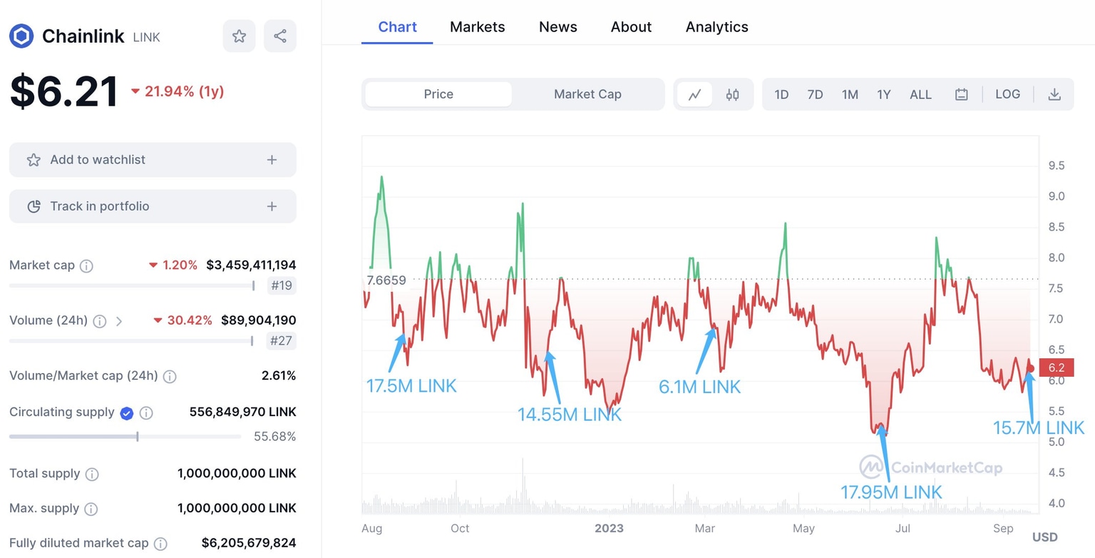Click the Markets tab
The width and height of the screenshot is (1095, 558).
(477, 27)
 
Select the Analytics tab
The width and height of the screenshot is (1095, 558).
(716, 27)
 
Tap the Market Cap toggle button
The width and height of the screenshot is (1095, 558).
(587, 94)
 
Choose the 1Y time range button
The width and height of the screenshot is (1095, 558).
(883, 94)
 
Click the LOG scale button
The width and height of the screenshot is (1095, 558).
(1007, 94)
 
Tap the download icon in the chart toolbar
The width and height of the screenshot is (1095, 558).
(1054, 94)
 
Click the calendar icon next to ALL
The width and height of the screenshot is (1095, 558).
(961, 94)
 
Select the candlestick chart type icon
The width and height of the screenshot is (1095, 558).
(732, 94)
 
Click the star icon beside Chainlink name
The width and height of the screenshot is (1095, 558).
(239, 36)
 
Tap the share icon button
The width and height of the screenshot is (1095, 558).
(280, 36)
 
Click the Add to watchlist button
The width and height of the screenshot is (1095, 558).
(153, 160)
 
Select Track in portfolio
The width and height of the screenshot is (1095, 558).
(153, 206)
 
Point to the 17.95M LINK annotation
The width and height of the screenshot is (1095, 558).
(891, 492)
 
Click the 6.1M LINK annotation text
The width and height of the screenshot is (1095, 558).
(699, 387)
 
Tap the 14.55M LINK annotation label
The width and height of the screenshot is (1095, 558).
(570, 415)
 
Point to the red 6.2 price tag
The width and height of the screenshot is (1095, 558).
(1056, 368)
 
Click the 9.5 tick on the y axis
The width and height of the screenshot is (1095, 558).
(1056, 166)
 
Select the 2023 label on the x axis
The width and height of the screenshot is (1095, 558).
(609, 528)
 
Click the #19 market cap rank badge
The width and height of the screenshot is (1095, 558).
(282, 286)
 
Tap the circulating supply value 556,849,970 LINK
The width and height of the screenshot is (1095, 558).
(242, 412)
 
